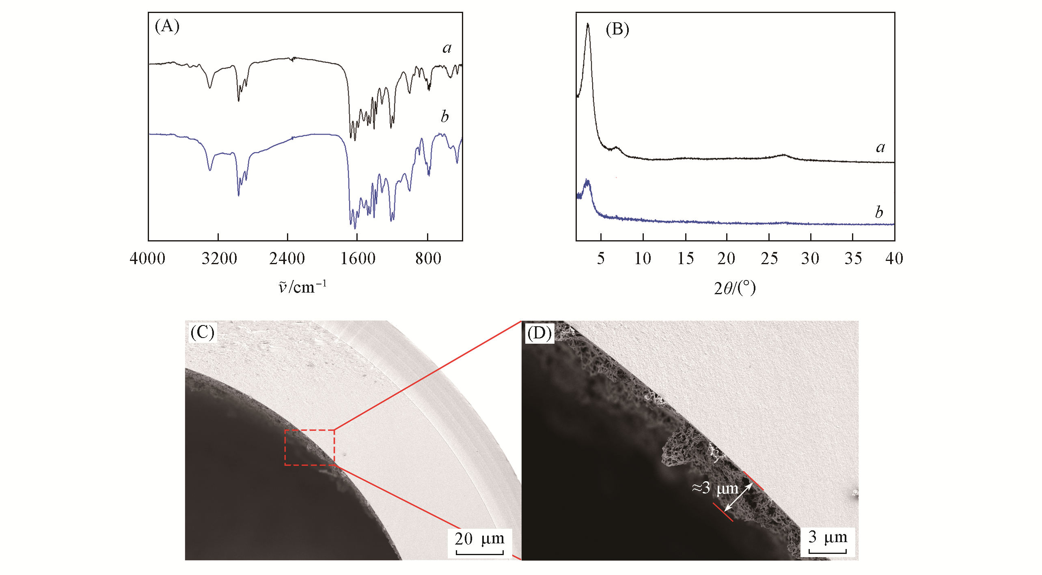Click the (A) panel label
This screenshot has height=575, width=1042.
click(x=167, y=26)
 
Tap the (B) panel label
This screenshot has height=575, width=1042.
click(x=617, y=29)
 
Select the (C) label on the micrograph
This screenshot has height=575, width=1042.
click(x=202, y=333)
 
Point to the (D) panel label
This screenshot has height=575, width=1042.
click(x=539, y=333)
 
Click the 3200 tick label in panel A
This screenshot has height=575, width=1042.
click(x=219, y=258)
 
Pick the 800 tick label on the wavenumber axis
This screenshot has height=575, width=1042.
click(x=428, y=258)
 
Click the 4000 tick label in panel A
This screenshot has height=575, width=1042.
click(x=147, y=258)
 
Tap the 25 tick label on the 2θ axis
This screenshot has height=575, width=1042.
click(x=769, y=258)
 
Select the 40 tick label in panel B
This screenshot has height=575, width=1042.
click(x=894, y=258)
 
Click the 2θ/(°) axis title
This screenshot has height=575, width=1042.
click(x=735, y=288)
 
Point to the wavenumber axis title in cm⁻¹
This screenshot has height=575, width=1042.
click(x=302, y=287)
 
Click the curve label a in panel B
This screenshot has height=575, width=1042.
click(x=880, y=147)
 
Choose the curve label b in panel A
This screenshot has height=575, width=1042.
click(x=445, y=117)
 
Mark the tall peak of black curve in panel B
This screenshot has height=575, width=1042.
click(x=588, y=24)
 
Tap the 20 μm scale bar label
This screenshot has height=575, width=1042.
click(x=479, y=539)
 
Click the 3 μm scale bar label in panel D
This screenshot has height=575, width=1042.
click(x=827, y=537)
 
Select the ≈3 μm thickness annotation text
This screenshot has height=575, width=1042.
click(x=715, y=488)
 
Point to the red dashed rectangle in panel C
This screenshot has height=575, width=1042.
click(x=310, y=447)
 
